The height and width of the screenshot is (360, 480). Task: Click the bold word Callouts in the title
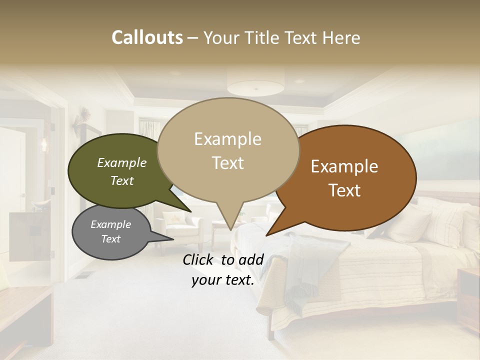tap(147, 37)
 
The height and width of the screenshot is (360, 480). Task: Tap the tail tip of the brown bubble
tap(266, 235)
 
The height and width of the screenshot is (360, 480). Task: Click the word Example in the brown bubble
tap(344, 166)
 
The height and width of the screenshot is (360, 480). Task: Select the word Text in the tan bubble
tap(228, 163)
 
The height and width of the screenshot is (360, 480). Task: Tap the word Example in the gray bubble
tap(110, 224)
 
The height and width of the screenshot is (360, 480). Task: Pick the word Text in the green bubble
tap(122, 180)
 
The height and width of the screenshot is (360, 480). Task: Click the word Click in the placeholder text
tap(199, 259)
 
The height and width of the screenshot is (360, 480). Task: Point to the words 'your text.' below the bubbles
tap(223, 280)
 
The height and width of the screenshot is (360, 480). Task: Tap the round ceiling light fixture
tap(255, 86)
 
